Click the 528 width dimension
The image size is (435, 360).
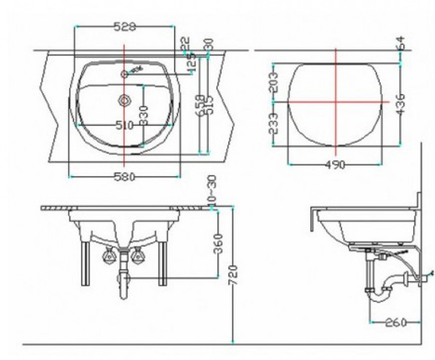point(125,27)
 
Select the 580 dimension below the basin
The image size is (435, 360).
point(124,176)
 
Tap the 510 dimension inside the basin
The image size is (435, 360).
point(124,125)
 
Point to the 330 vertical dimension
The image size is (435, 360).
point(144,115)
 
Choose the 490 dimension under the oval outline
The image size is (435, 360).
point(334,165)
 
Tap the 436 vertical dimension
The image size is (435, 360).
point(399,105)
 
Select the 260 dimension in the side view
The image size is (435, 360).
point(394,322)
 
